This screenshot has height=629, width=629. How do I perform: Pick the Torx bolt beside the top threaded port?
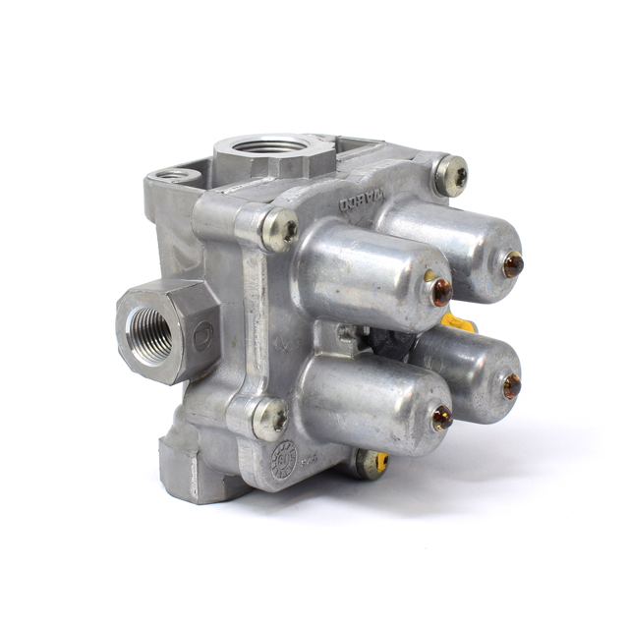pos(281,230)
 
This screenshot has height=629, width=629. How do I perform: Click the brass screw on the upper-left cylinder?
pos(441,290)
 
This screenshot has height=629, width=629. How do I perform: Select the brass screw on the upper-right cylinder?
pos(512,264)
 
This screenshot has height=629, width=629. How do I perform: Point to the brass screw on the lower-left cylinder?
pos(441,417)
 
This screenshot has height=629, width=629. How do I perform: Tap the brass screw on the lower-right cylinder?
pos(511,386)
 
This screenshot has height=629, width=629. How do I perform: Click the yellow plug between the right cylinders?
pos(458,322)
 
